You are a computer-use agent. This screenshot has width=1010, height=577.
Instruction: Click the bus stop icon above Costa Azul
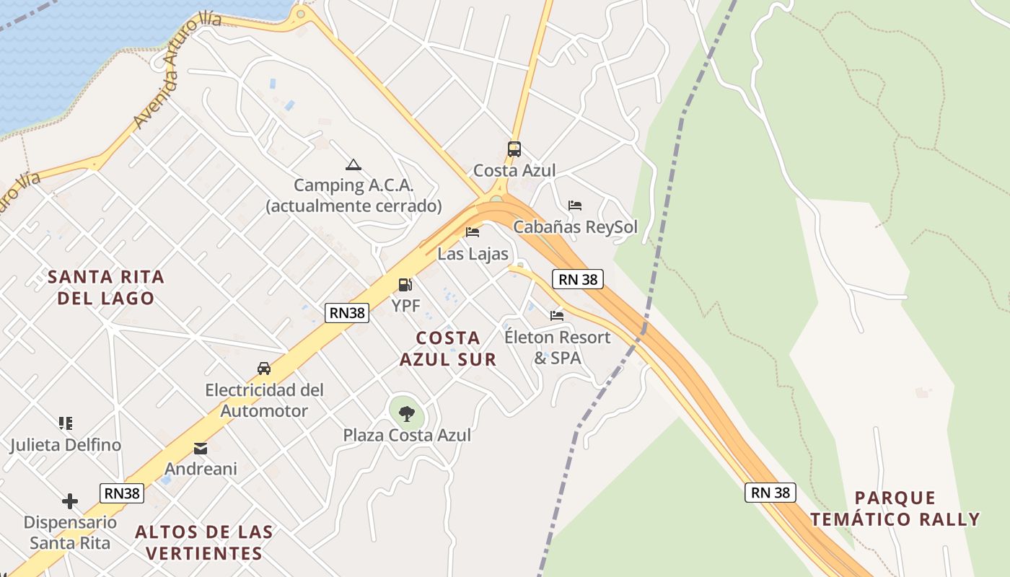pyautogui.click(x=514, y=149)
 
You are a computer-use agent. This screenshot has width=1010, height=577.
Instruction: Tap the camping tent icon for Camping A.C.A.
pyautogui.click(x=353, y=164)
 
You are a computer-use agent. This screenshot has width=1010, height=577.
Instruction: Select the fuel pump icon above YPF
pyautogui.click(x=405, y=286)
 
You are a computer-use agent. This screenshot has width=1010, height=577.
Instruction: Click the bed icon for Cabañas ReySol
pyautogui.click(x=575, y=206)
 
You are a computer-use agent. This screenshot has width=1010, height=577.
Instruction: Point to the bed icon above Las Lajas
pyautogui.click(x=473, y=232)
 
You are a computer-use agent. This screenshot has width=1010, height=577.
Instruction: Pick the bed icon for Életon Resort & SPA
pyautogui.click(x=557, y=315)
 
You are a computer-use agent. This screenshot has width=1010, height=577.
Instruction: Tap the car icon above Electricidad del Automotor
pyautogui.click(x=264, y=369)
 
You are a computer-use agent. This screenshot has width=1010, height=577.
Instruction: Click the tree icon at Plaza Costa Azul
pyautogui.click(x=407, y=413)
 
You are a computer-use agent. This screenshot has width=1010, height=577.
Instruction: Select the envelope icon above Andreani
pyautogui.click(x=201, y=449)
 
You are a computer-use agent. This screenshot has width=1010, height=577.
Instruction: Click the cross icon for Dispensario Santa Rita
pyautogui.click(x=70, y=501)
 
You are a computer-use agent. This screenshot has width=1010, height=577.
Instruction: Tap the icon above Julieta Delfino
pyautogui.click(x=66, y=423)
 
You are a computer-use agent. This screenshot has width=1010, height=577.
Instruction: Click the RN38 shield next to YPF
pyautogui.click(x=347, y=312)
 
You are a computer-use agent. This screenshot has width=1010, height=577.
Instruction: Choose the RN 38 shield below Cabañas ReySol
pyautogui.click(x=578, y=279)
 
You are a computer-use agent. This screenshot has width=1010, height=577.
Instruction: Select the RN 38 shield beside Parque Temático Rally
pyautogui.click(x=770, y=493)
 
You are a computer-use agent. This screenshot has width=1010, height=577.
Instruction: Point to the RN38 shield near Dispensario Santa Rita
pyautogui.click(x=122, y=493)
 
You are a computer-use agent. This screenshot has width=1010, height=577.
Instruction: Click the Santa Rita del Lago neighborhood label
pyautogui.click(x=106, y=287)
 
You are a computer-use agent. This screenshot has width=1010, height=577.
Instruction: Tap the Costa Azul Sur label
pyautogui.click(x=448, y=348)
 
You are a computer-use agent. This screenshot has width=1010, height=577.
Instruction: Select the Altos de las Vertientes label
pyautogui.click(x=204, y=543)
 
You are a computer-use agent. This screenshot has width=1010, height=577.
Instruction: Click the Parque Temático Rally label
pyautogui.click(x=895, y=508)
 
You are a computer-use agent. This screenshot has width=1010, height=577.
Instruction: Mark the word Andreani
pyautogui.click(x=201, y=469)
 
